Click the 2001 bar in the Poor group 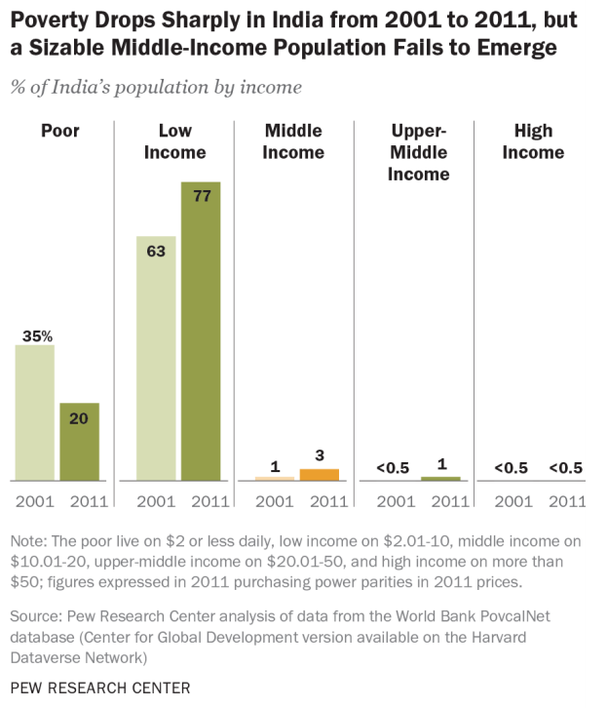coord(34,413)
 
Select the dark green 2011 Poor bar coord(80,442)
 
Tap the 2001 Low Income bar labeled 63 coord(156,358)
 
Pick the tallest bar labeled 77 coord(201,332)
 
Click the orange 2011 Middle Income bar coord(319,475)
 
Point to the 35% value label coord(34,335)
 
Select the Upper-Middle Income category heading coord(419,153)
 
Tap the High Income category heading coord(533,141)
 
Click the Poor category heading coord(58,131)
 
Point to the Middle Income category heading coord(295,141)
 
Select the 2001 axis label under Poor coord(34,502)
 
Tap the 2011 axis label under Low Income coord(202,502)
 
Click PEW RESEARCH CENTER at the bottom coord(100,687)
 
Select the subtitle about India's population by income coord(156,88)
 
